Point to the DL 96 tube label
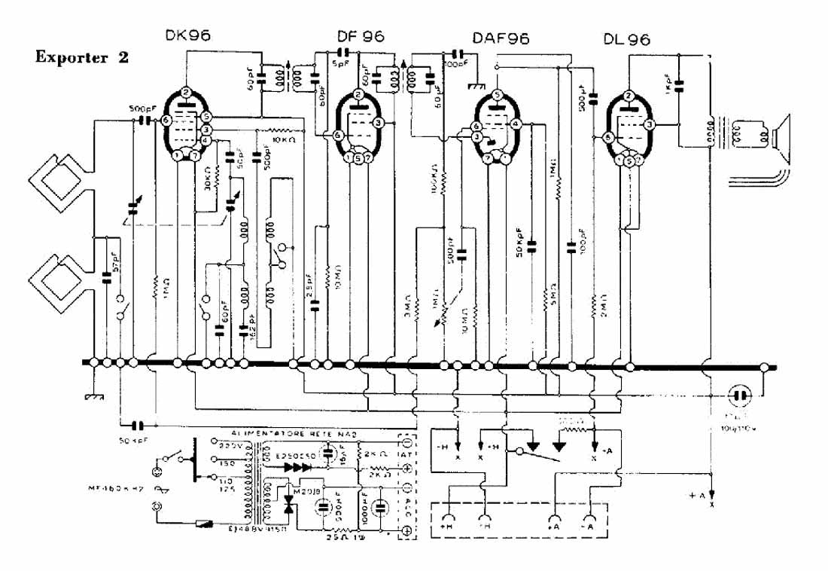tap(626, 38)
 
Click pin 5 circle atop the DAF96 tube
tap(497, 95)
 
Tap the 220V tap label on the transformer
tap(227, 445)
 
